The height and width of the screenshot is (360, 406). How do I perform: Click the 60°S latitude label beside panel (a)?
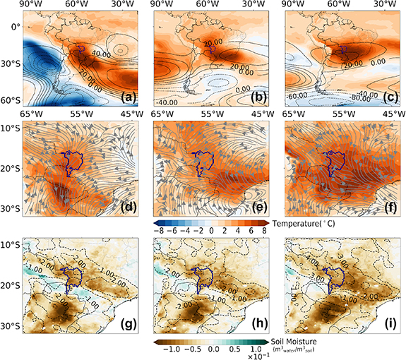pyautogui.click(x=11, y=102)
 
